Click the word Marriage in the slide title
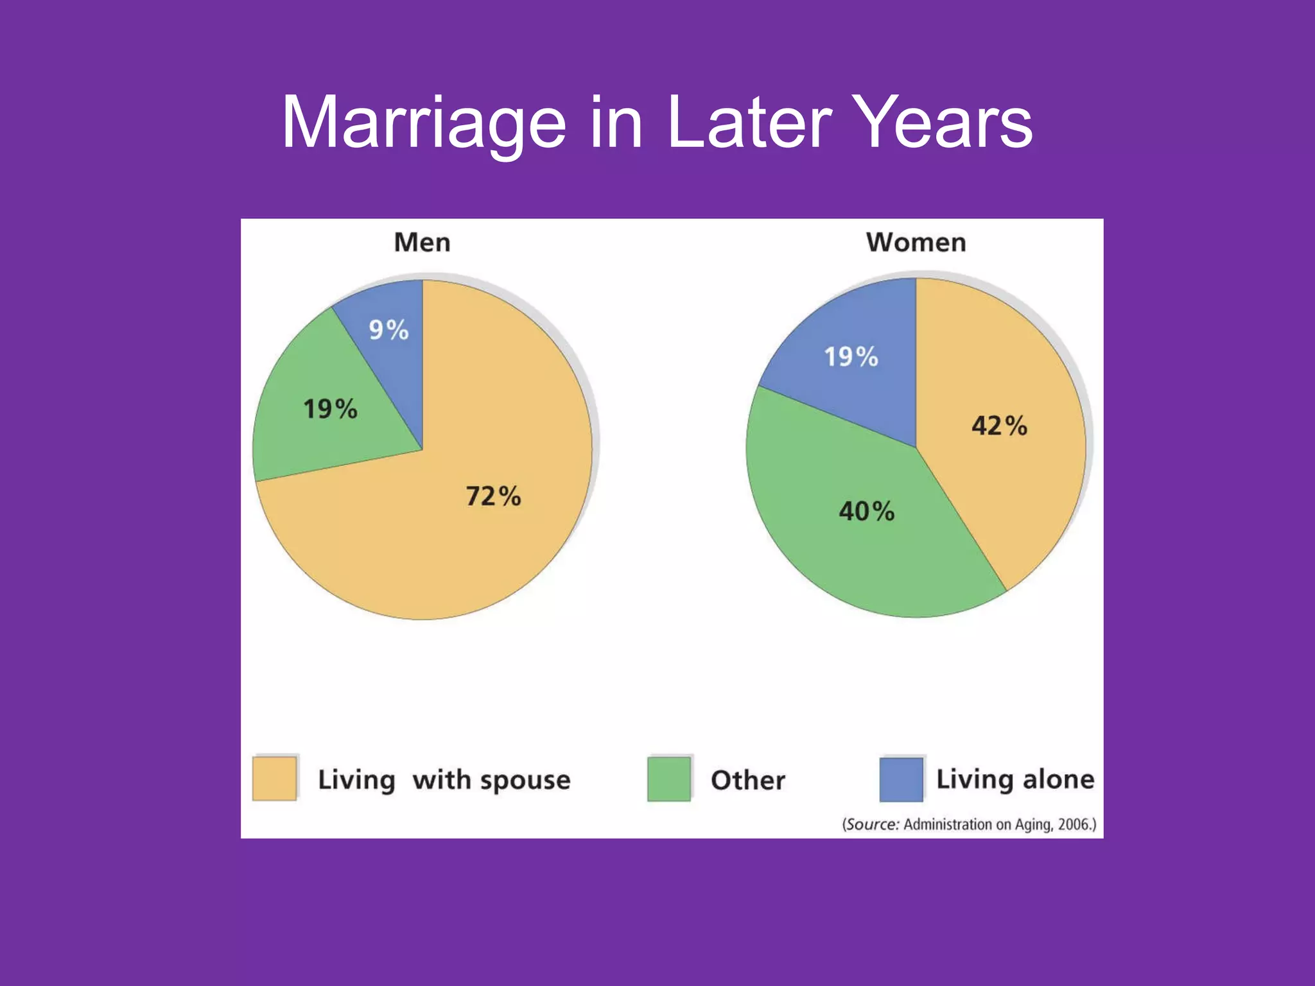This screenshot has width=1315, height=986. coord(424,123)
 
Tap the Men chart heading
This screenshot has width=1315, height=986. coord(422,243)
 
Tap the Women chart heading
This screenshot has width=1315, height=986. coord(916,243)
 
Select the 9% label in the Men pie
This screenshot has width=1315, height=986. coord(388,330)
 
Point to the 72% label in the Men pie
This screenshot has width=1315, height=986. coord(493,496)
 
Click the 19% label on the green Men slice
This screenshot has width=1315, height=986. coord(330,409)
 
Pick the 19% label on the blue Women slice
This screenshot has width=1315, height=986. coord(851,357)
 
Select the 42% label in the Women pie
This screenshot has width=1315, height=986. coord(999,426)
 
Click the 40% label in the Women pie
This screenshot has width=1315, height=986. coord(866,512)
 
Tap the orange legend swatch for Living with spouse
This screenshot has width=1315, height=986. coord(274,779)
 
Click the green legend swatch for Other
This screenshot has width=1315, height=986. coord(669,779)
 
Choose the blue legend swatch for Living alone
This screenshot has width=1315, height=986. coord(901,779)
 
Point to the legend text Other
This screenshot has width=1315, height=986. coord(747,780)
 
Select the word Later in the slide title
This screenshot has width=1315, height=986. coord(749,123)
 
